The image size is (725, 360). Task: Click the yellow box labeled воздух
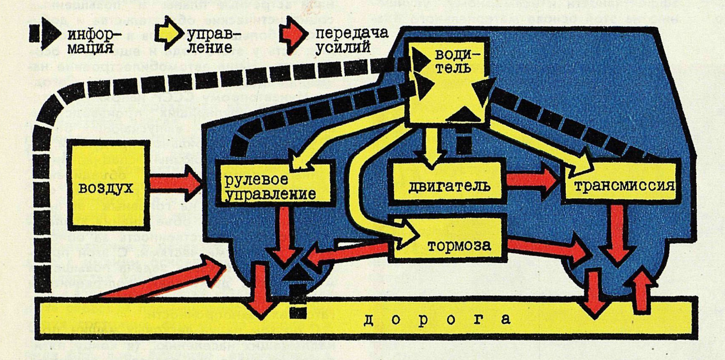[106, 186]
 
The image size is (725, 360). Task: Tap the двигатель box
[448, 185]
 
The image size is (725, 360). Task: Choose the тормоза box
[458, 245]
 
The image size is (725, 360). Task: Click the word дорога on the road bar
[437, 319]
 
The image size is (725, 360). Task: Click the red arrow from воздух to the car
[175, 183]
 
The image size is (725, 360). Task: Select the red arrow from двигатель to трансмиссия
[533, 181]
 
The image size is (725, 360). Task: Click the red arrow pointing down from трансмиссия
[617, 234]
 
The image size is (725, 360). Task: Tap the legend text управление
[211, 41]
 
